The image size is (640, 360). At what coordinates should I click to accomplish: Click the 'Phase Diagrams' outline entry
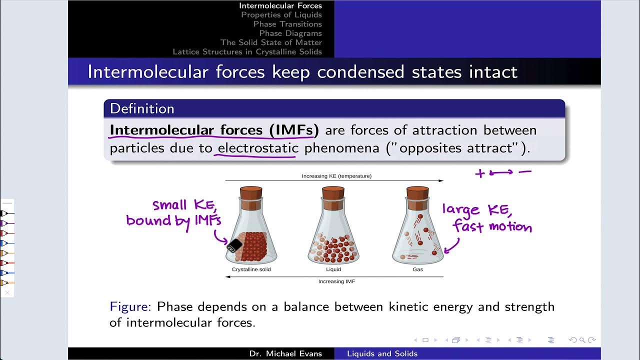(290, 33)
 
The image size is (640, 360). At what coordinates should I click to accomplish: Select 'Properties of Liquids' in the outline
(281, 15)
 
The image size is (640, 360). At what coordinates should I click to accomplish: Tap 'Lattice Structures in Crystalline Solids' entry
(247, 52)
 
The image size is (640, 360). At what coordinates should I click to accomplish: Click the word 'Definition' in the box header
(142, 108)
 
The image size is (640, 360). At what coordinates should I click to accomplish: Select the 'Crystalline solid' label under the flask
(251, 269)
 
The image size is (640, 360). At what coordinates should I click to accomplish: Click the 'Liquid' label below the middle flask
(333, 269)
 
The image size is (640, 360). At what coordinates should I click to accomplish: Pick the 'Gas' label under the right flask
(417, 269)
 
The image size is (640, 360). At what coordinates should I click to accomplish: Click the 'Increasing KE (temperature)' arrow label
(336, 176)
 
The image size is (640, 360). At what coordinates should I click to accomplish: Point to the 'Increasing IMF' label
(336, 281)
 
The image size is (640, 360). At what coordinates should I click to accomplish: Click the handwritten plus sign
(480, 173)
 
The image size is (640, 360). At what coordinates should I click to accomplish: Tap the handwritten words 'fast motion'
(492, 227)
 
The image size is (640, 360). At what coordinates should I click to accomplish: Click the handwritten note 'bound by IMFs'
(173, 220)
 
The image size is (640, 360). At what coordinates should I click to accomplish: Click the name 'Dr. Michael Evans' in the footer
(285, 353)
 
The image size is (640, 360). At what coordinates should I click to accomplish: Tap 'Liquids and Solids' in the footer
(382, 353)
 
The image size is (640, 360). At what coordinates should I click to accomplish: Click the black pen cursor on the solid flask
(234, 245)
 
